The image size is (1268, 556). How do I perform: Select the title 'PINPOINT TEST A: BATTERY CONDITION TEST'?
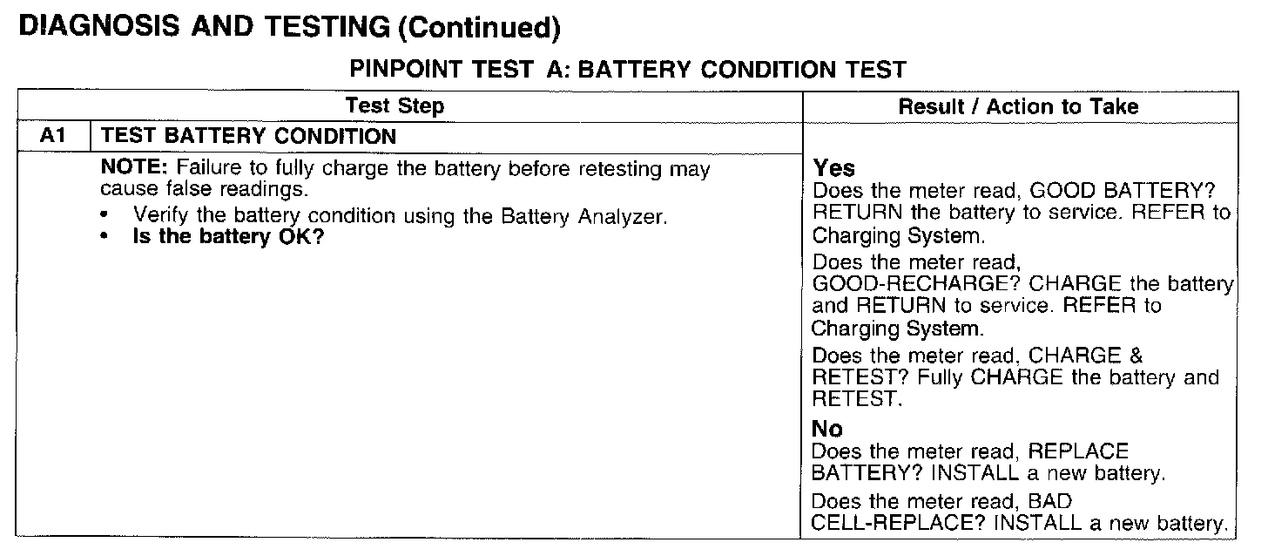click(627, 70)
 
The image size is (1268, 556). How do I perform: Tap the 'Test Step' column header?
click(395, 106)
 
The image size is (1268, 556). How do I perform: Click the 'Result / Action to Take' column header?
click(1018, 106)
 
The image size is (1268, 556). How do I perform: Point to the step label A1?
click(54, 136)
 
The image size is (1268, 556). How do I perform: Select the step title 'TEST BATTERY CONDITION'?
click(248, 136)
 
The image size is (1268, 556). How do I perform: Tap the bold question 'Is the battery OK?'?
click(228, 236)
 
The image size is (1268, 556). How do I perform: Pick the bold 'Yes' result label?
click(834, 168)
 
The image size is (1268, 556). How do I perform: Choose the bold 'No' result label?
click(827, 429)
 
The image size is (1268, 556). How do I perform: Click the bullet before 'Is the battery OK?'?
click(106, 236)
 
